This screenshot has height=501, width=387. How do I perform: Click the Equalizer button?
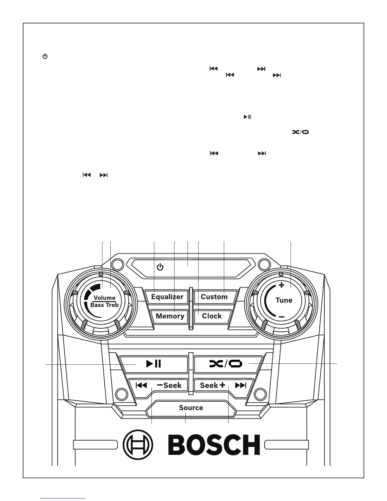(167, 297)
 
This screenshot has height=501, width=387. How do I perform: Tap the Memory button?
(170, 316)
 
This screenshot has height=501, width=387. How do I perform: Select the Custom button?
(214, 297)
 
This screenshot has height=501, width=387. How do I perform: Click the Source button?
(191, 408)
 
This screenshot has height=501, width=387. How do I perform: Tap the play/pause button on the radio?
(154, 364)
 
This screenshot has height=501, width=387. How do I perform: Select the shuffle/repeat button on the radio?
(226, 364)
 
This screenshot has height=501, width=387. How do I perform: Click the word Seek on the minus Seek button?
(173, 385)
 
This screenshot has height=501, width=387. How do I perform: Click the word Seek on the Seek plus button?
(209, 385)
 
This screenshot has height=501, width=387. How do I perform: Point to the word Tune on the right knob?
(284, 300)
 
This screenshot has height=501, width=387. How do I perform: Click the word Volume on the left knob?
(105, 298)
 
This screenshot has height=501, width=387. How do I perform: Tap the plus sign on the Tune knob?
(281, 285)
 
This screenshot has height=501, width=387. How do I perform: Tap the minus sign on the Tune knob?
(282, 317)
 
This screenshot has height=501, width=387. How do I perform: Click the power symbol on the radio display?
(160, 267)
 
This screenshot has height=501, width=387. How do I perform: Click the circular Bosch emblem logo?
(138, 444)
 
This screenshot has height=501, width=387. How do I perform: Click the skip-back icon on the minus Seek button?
(141, 385)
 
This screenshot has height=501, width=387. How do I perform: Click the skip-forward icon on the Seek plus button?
(241, 385)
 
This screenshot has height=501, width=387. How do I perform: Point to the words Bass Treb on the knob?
(105, 305)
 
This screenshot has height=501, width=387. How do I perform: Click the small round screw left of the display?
(117, 264)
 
